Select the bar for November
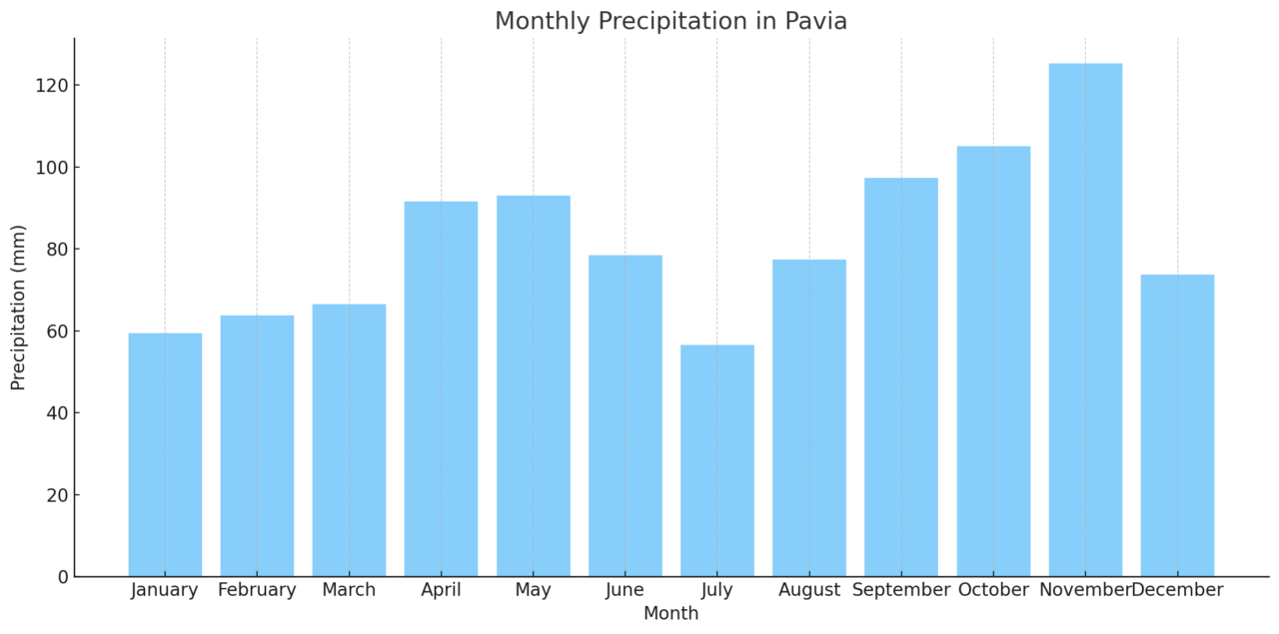click(1085, 319)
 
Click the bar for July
click(717, 460)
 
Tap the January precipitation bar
click(165, 454)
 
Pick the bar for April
click(441, 388)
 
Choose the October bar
click(993, 360)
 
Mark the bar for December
click(1177, 425)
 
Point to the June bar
click(626, 415)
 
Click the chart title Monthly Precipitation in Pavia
click(670, 21)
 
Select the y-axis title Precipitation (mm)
click(19, 308)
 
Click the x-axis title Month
click(670, 614)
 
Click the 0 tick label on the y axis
click(62, 577)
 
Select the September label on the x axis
click(901, 590)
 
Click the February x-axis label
click(257, 590)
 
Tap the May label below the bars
click(533, 590)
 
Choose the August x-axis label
click(809, 590)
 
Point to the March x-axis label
click(349, 590)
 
